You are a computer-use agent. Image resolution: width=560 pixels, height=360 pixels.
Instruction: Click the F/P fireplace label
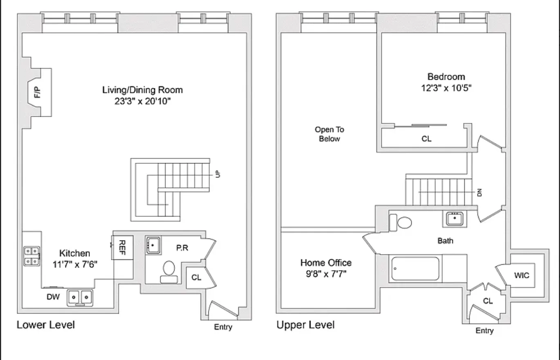click(38, 93)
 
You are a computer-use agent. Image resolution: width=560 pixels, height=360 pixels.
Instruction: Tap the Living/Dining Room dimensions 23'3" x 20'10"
click(142, 101)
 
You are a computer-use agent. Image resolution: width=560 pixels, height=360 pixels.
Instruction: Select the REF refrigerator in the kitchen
click(123, 248)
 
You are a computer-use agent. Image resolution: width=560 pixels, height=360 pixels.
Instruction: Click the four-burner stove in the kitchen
click(32, 256)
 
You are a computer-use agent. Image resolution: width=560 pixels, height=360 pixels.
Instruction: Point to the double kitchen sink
click(80, 297)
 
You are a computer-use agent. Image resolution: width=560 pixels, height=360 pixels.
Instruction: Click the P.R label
click(182, 248)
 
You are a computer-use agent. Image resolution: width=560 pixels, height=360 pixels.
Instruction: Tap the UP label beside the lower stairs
click(218, 174)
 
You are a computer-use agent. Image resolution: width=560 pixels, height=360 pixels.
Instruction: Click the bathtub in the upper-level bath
click(415, 268)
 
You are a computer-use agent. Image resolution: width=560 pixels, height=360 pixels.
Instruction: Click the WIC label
click(522, 275)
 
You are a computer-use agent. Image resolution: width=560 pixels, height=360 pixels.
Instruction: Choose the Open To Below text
click(329, 134)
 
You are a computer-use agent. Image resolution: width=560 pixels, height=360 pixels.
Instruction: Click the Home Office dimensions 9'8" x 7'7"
click(326, 274)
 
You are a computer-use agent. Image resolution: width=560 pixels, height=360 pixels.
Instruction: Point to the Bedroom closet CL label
click(426, 139)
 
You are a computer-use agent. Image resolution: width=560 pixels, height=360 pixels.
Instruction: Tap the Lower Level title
click(46, 325)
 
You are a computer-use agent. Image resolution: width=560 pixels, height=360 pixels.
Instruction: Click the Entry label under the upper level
click(484, 331)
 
